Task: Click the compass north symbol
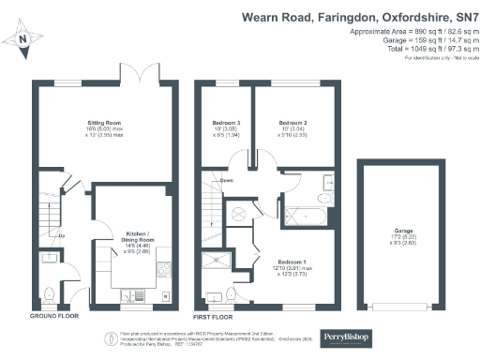point(22,39)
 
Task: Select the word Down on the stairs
point(227,181)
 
